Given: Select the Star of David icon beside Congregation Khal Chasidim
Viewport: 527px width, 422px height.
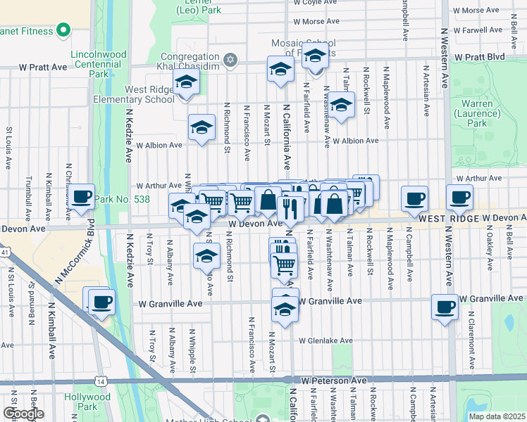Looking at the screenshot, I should pos(230,58).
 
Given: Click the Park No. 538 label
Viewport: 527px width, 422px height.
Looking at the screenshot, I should pos(123,199).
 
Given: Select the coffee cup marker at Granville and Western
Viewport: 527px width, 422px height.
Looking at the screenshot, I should pos(446,307).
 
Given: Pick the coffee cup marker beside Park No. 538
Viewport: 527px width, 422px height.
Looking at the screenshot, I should pos(82,197).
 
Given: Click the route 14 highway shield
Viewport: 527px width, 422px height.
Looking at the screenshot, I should pos(103,381).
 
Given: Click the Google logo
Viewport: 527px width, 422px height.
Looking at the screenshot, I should pos(23,414).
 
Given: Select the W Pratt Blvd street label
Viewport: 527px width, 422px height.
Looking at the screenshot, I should pos(480,56).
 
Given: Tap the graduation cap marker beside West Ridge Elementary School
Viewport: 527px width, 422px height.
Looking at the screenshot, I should pos(187,83).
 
